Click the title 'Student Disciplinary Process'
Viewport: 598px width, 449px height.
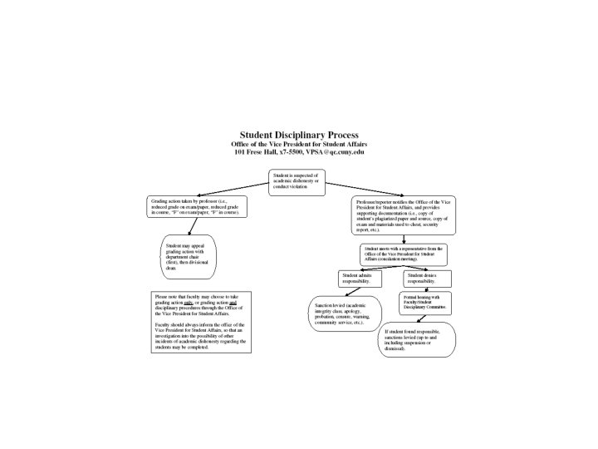(299, 134)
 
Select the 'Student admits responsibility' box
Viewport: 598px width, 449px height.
(362, 279)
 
